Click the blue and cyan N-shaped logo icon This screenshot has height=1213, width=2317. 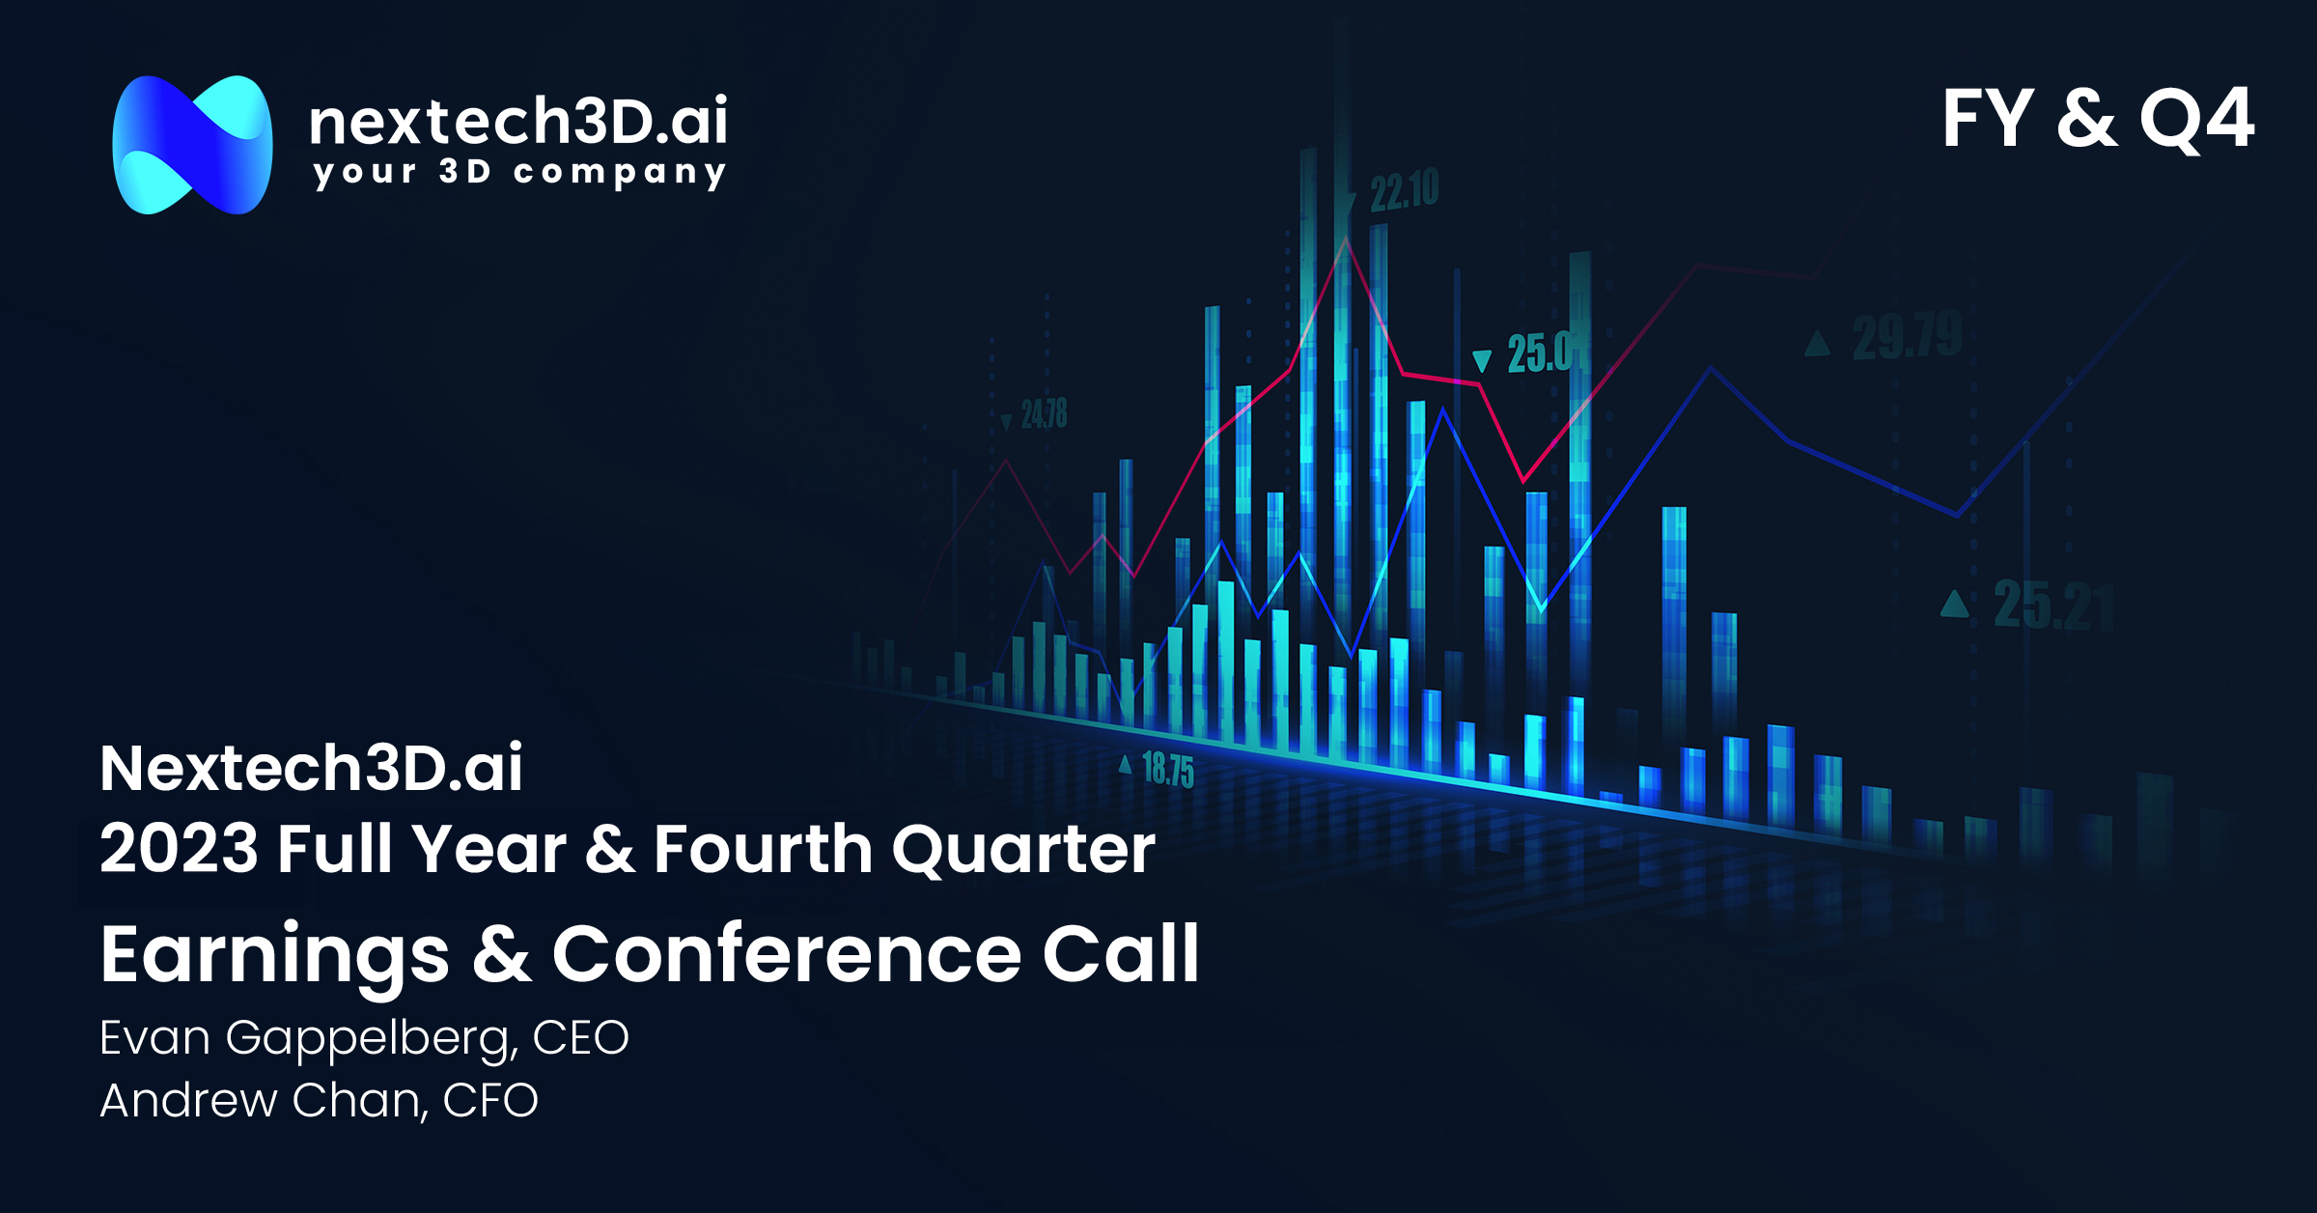coord(192,145)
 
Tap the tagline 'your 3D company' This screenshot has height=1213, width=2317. coord(519,173)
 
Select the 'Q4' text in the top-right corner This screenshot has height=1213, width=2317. coord(2197,120)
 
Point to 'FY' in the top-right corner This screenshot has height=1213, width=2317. coord(1988,118)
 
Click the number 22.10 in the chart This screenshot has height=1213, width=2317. coord(1405,190)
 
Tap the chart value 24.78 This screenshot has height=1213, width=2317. coord(1045,414)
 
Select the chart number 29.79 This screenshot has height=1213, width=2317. coord(1908,336)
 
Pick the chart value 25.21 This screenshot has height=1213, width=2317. coord(2054,606)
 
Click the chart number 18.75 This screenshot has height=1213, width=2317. coord(1168,770)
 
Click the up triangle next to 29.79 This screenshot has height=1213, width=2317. coord(1818,343)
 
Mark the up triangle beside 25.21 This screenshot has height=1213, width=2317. coord(1955,604)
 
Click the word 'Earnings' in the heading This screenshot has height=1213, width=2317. coord(275,956)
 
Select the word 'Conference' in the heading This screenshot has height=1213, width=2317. coord(787,954)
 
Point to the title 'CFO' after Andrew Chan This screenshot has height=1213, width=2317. coord(490,1100)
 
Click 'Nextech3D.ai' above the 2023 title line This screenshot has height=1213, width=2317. coord(311,768)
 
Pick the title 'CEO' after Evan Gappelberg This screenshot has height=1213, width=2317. coord(581,1038)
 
